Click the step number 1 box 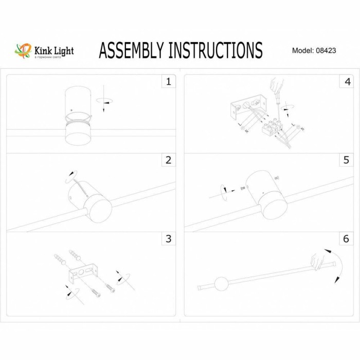click(x=168, y=81)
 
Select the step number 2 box click(x=168, y=160)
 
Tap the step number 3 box click(x=168, y=239)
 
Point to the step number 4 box click(x=348, y=81)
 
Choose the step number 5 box click(x=348, y=160)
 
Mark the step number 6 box click(x=348, y=239)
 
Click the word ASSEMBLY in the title click(x=132, y=50)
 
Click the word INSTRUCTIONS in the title click(x=215, y=50)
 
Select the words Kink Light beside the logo click(x=53, y=50)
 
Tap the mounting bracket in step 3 click(x=82, y=273)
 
